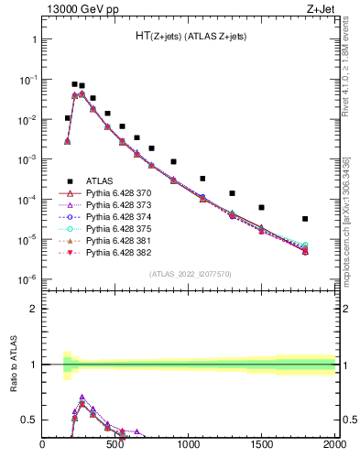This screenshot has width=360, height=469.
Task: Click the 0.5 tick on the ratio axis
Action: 29,420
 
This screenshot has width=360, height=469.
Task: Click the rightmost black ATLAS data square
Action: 305,219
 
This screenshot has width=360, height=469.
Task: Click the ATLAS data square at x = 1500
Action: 261,208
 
